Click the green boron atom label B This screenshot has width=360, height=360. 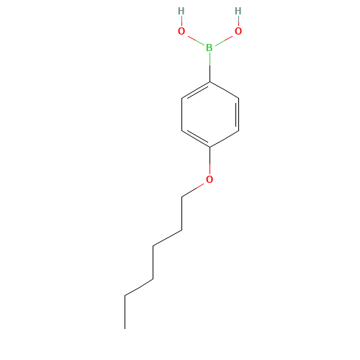[x=210, y=48]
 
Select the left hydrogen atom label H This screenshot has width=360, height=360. [x=181, y=12]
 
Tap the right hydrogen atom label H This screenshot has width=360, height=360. [x=238, y=12]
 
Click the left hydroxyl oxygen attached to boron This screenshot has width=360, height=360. [x=181, y=31]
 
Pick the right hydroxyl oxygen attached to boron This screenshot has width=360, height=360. [x=238, y=31]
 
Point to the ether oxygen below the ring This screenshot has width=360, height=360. [x=210, y=179]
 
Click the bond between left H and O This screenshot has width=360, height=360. [x=181, y=22]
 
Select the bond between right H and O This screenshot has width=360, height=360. [x=238, y=22]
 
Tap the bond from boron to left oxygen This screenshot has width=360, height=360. [x=195, y=40]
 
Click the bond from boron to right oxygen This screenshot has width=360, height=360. [x=224, y=40]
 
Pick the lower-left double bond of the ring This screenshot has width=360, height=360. [x=194, y=139]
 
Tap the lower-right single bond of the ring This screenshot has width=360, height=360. [x=224, y=139]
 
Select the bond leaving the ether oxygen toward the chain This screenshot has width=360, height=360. [x=194, y=189]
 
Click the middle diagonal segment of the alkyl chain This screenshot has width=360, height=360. [x=167, y=238]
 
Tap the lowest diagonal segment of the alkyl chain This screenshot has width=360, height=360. [x=139, y=287]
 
